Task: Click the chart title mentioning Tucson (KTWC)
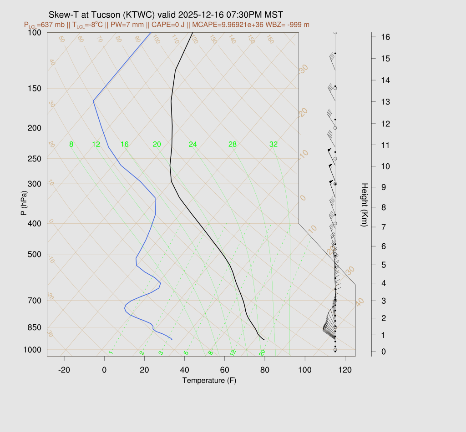click(168, 15)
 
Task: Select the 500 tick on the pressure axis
click(34, 254)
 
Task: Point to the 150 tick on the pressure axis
click(34, 88)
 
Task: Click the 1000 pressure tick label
click(32, 350)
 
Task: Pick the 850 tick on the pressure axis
click(34, 327)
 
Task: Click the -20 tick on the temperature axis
click(64, 370)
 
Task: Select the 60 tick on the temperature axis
click(225, 370)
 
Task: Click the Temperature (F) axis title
click(209, 380)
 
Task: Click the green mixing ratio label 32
click(274, 145)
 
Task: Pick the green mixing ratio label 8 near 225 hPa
click(71, 145)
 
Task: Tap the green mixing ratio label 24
click(193, 145)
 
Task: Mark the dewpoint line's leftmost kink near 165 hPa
click(93, 100)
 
